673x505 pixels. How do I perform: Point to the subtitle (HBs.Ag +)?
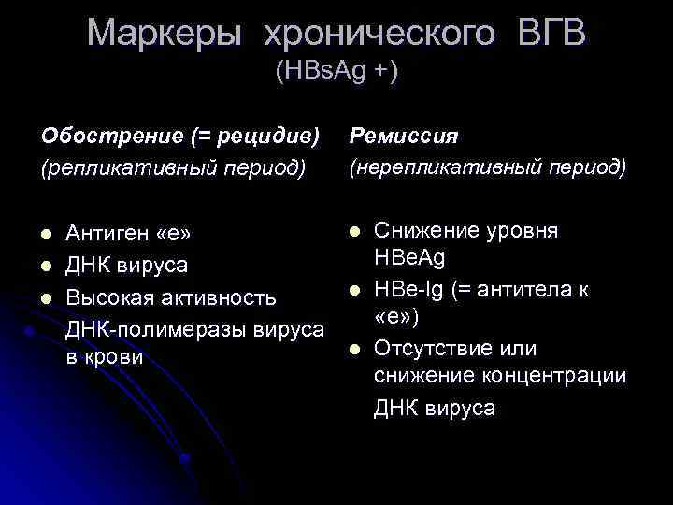pos(336,71)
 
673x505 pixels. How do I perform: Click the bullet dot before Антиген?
pos(47,232)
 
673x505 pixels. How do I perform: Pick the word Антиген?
pos(108,232)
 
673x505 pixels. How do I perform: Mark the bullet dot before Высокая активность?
pos(47,298)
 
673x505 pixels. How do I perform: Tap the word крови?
pos(117,357)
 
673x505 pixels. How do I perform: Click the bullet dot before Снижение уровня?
pos(355,230)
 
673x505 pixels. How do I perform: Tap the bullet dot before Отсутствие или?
pos(355,350)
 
